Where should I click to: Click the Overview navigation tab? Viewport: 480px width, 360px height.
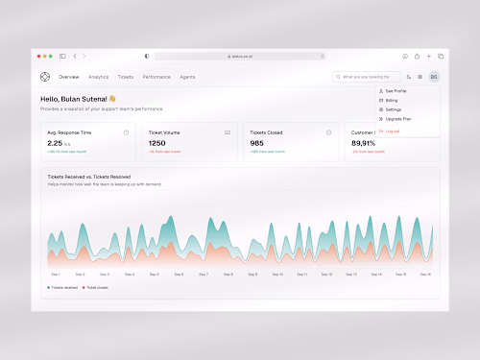tap(68, 76)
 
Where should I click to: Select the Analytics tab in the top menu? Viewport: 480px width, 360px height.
tap(99, 76)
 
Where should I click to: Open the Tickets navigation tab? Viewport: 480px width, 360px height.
tap(126, 76)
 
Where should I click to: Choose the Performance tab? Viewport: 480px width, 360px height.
tap(156, 76)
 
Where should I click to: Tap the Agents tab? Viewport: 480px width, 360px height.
tap(187, 76)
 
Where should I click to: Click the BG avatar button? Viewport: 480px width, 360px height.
tap(434, 76)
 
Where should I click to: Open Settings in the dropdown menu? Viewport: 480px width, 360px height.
tap(395, 109)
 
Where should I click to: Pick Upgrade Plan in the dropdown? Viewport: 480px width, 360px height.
tap(398, 118)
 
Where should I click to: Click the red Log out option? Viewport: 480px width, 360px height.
tap(393, 131)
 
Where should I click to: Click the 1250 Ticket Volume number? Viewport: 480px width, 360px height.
tap(156, 143)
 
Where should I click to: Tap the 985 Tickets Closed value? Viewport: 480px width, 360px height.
tap(256, 143)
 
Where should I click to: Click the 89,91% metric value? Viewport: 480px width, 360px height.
tap(365, 143)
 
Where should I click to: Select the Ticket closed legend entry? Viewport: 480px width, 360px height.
tap(96, 287)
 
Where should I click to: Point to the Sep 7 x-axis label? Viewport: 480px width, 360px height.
tap(203, 274)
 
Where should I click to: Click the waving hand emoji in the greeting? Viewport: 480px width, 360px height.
tap(112, 98)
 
